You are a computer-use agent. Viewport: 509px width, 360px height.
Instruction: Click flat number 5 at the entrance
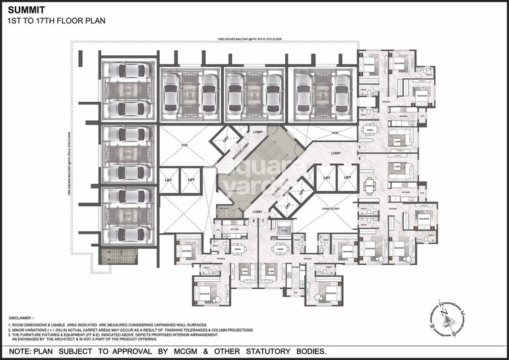pos(360,146)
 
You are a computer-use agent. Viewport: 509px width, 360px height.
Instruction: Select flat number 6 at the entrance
pos(360,158)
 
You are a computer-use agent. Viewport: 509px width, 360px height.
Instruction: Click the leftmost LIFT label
pos(169,180)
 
